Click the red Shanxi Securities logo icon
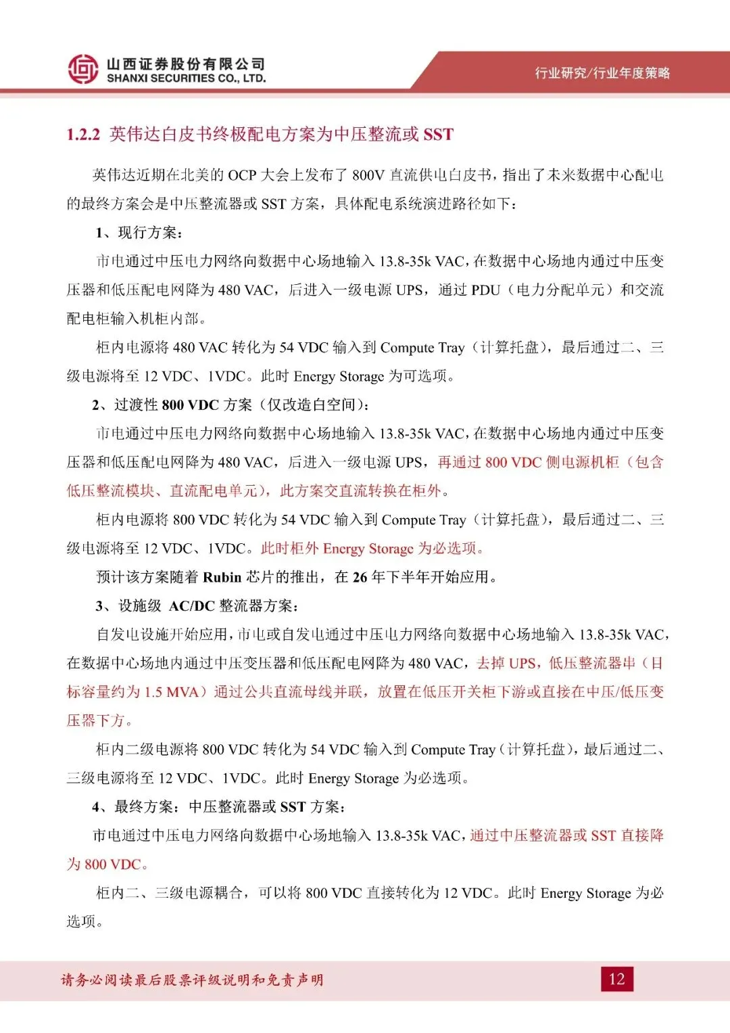83,69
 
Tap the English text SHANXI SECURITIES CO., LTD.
186,78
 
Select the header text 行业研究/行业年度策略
602,73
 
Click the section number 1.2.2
83,135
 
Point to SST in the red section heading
438,135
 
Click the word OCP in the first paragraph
242,175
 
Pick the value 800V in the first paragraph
368,175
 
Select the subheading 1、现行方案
139,233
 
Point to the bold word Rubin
222,577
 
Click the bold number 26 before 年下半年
360,577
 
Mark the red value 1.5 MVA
171,692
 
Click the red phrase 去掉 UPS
507,663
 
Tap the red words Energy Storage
368,549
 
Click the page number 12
616,979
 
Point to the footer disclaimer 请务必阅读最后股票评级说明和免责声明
192,980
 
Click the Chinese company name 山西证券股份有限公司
186,64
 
